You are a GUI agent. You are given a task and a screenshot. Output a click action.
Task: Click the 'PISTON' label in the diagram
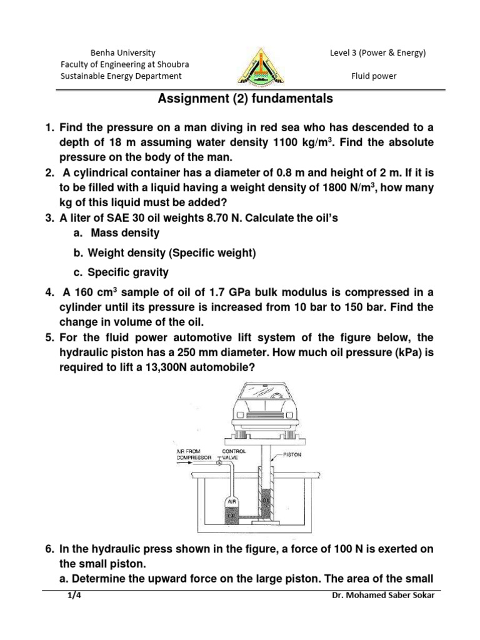pyautogui.click(x=292, y=455)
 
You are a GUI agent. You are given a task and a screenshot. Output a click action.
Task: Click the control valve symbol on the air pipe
pyautogui.click(x=219, y=464)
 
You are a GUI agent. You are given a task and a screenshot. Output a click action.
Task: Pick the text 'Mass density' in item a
pyautogui.click(x=125, y=233)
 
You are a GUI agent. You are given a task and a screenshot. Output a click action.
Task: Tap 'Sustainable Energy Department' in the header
pyautogui.click(x=121, y=76)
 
